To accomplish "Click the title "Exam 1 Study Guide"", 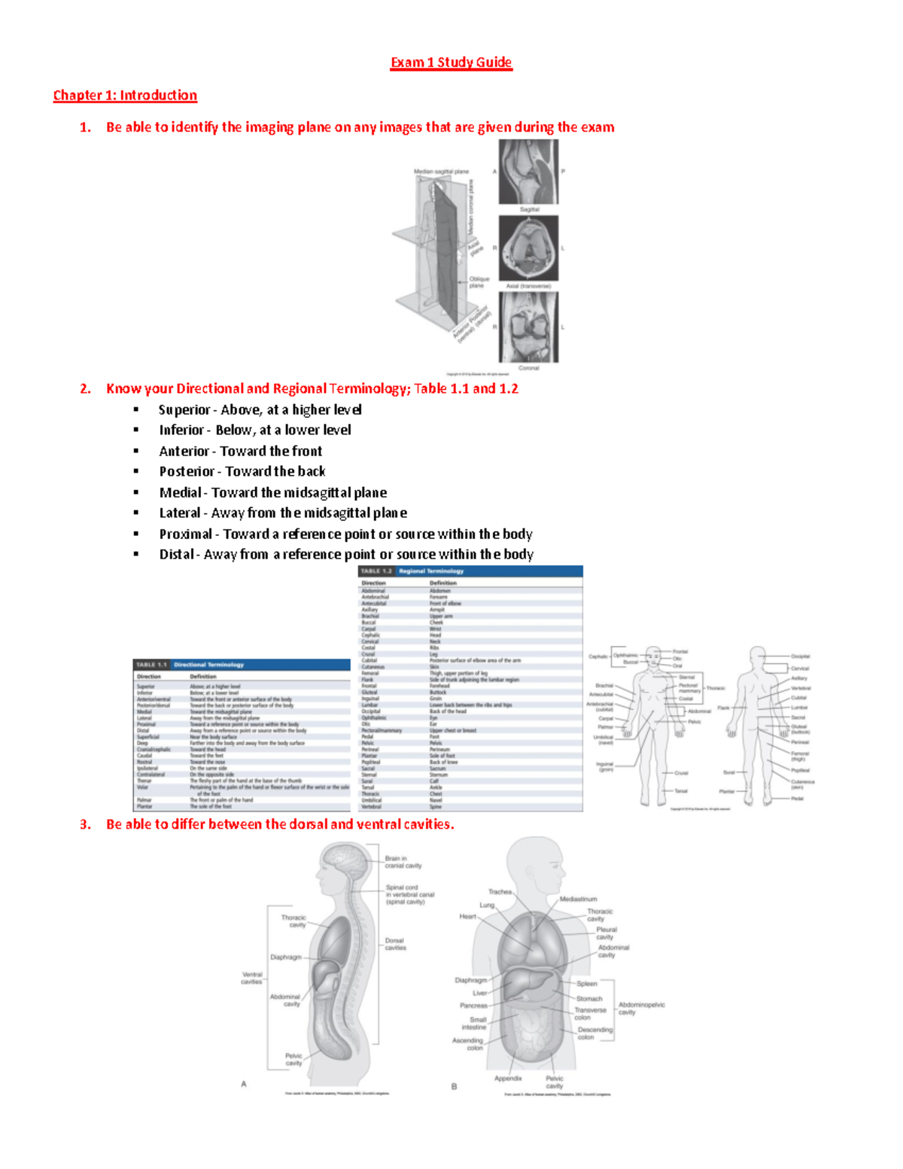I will [x=451, y=62].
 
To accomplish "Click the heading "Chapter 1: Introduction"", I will [x=125, y=96].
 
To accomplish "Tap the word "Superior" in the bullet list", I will [x=184, y=409].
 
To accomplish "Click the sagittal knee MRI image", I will [x=528, y=172].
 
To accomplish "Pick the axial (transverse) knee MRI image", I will [x=529, y=248].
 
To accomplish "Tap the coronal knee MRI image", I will [x=529, y=327].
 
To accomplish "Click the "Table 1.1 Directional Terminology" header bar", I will [x=241, y=665].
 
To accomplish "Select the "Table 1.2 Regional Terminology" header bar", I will [x=470, y=571].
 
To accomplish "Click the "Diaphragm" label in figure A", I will [x=286, y=957].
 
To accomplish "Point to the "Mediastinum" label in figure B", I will [x=578, y=899].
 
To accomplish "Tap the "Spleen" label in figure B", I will [x=587, y=984].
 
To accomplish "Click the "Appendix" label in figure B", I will [x=508, y=1078].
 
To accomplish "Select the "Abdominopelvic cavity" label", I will [x=641, y=1008].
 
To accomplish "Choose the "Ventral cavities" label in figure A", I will [x=251, y=978].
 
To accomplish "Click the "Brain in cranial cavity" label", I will [x=403, y=862].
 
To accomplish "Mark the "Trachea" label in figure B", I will [x=500, y=892].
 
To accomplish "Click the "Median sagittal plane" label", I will [x=441, y=172].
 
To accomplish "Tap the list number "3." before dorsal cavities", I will [x=85, y=824].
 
